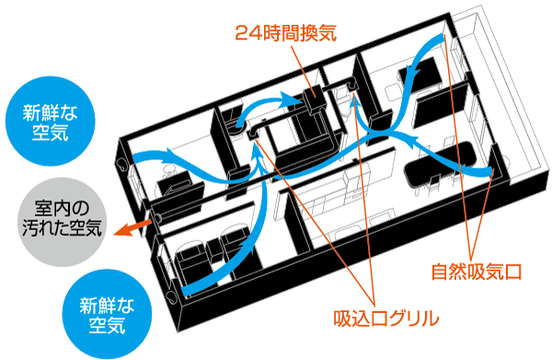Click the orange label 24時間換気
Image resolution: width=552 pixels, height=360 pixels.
[x=286, y=34]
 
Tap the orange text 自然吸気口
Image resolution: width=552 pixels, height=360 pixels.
[x=477, y=273]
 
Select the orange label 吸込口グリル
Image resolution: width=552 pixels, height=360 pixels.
[x=385, y=319]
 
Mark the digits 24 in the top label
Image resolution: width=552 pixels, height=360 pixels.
[x=247, y=34]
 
